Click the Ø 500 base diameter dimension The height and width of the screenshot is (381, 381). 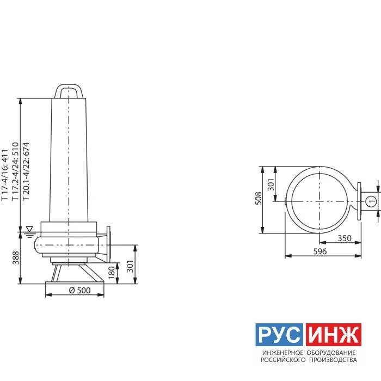pyautogui.click(x=79, y=290)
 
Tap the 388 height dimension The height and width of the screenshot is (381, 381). pyautogui.click(x=16, y=258)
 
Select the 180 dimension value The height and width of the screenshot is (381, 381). pyautogui.click(x=111, y=273)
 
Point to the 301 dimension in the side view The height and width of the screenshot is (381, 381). pyautogui.click(x=130, y=266)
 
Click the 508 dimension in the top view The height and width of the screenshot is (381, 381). pyautogui.click(x=259, y=198)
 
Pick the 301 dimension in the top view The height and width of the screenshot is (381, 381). pyautogui.click(x=271, y=185)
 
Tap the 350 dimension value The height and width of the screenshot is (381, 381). pyautogui.click(x=345, y=238)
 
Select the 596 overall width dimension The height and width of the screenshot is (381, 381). pyautogui.click(x=320, y=251)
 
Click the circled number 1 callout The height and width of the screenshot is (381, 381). pyautogui.click(x=371, y=201)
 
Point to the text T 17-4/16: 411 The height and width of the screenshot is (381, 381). pyautogui.click(x=5, y=175)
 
